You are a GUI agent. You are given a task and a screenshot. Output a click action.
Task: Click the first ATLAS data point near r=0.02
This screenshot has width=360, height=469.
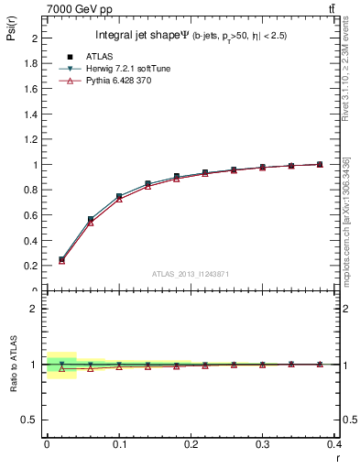point(61,259)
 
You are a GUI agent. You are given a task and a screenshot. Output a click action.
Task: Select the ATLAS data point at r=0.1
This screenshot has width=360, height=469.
point(119,196)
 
